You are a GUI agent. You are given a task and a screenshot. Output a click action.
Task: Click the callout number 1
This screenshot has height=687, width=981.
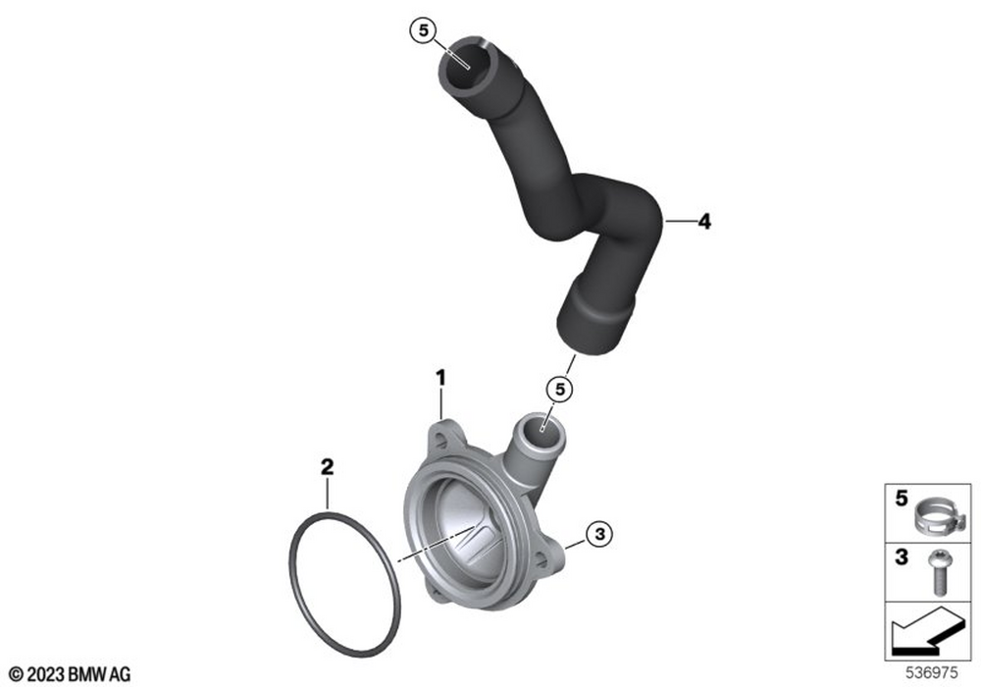(x=441, y=378)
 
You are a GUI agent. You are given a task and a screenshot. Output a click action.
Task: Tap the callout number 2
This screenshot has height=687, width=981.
(x=327, y=467)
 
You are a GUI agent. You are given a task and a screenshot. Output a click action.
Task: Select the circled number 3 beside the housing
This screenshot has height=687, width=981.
(x=599, y=534)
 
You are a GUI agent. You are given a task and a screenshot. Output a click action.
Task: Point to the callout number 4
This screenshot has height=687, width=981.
(x=704, y=221)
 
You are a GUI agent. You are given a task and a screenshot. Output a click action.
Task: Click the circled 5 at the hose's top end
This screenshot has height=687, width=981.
(x=424, y=30)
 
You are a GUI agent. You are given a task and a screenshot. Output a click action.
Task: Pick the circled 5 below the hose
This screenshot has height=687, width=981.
(x=560, y=389)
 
